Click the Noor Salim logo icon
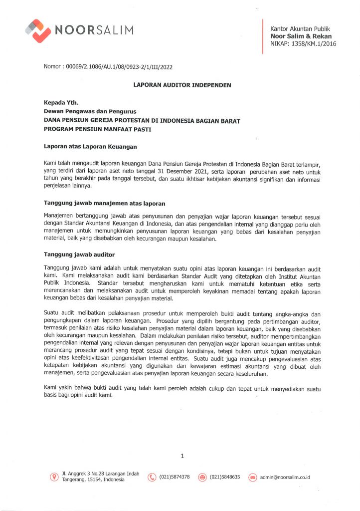[38, 30]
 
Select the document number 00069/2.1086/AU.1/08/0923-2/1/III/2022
[116, 66]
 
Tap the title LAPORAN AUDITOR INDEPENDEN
[182, 85]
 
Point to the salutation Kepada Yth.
[61, 102]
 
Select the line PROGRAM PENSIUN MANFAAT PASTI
[97, 129]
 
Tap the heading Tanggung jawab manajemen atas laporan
[104, 204]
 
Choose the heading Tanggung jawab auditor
[79, 255]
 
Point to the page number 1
[182, 456]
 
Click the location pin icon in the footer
[54, 477]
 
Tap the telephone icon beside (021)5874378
[152, 477]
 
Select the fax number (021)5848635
[225, 477]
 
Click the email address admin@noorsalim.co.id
[285, 478]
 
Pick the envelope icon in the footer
[252, 477]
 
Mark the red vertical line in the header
[263, 36]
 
